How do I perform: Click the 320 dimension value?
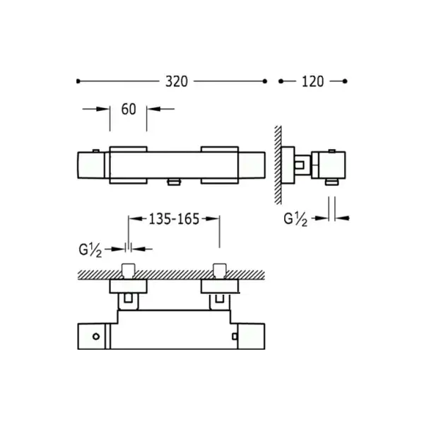point(177,81)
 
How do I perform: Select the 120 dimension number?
point(312,81)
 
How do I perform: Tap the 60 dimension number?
point(129,110)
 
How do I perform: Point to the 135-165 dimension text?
point(174,219)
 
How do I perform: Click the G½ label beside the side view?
point(295,219)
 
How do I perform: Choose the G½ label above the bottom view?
point(90,250)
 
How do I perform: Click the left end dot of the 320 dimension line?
point(78,81)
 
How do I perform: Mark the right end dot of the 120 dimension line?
point(345,81)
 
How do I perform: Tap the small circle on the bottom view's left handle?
point(96,336)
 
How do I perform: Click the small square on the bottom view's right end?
point(235,336)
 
